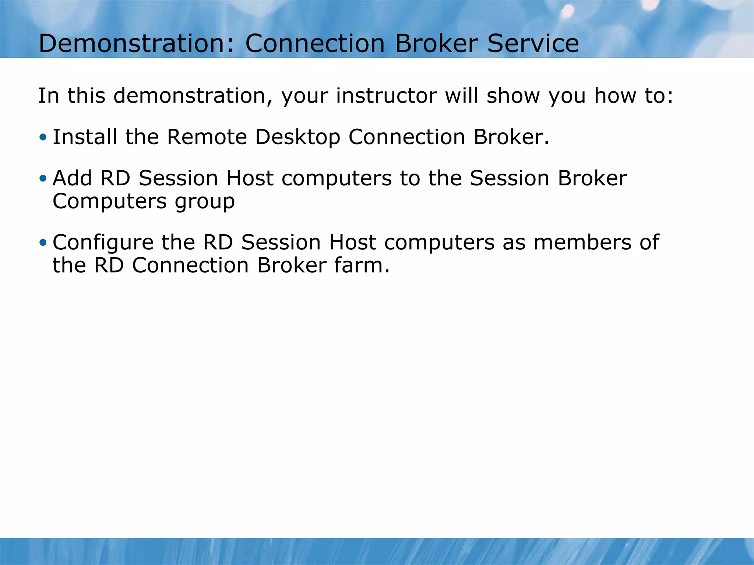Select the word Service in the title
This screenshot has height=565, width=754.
pyautogui.click(x=533, y=43)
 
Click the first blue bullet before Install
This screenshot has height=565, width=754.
pyautogui.click(x=43, y=138)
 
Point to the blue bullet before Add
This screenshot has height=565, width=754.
pyautogui.click(x=43, y=179)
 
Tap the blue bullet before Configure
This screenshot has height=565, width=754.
pyautogui.click(x=43, y=243)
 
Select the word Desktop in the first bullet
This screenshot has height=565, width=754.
pyautogui.click(x=297, y=138)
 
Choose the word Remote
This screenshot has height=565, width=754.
pyautogui.click(x=207, y=137)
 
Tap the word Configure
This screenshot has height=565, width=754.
pyautogui.click(x=103, y=243)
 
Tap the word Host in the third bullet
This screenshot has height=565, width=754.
pyautogui.click(x=352, y=242)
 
